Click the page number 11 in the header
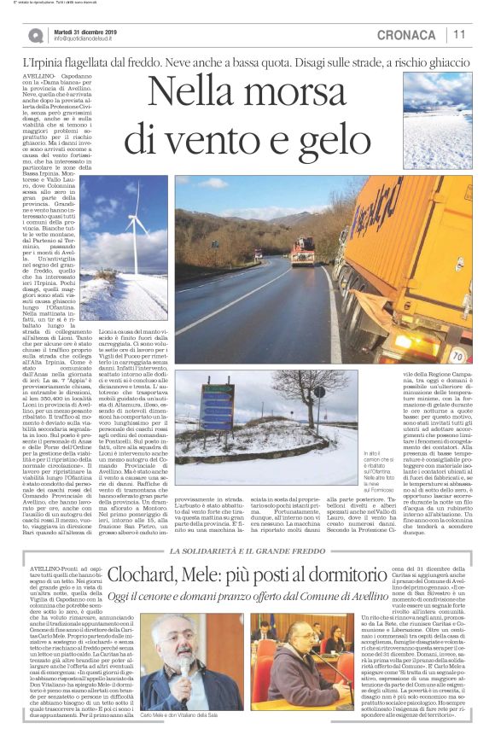tap(459, 35)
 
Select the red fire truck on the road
tap(302, 252)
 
